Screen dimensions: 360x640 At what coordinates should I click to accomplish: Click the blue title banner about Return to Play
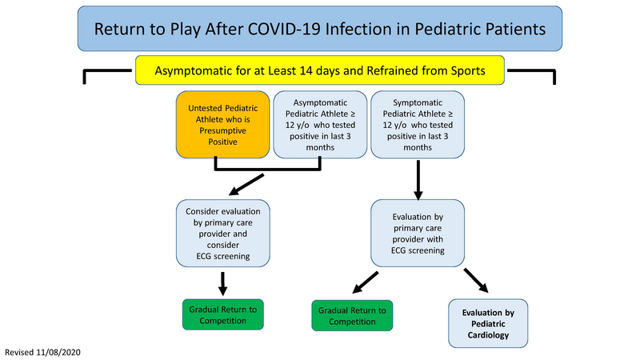320,29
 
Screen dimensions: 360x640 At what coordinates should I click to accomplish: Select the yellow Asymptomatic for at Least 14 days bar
320,70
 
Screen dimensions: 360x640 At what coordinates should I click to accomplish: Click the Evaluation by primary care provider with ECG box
418,233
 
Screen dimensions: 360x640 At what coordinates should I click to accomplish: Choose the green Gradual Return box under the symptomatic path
351,315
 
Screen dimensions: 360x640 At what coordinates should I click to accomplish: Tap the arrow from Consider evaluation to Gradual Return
224,282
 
